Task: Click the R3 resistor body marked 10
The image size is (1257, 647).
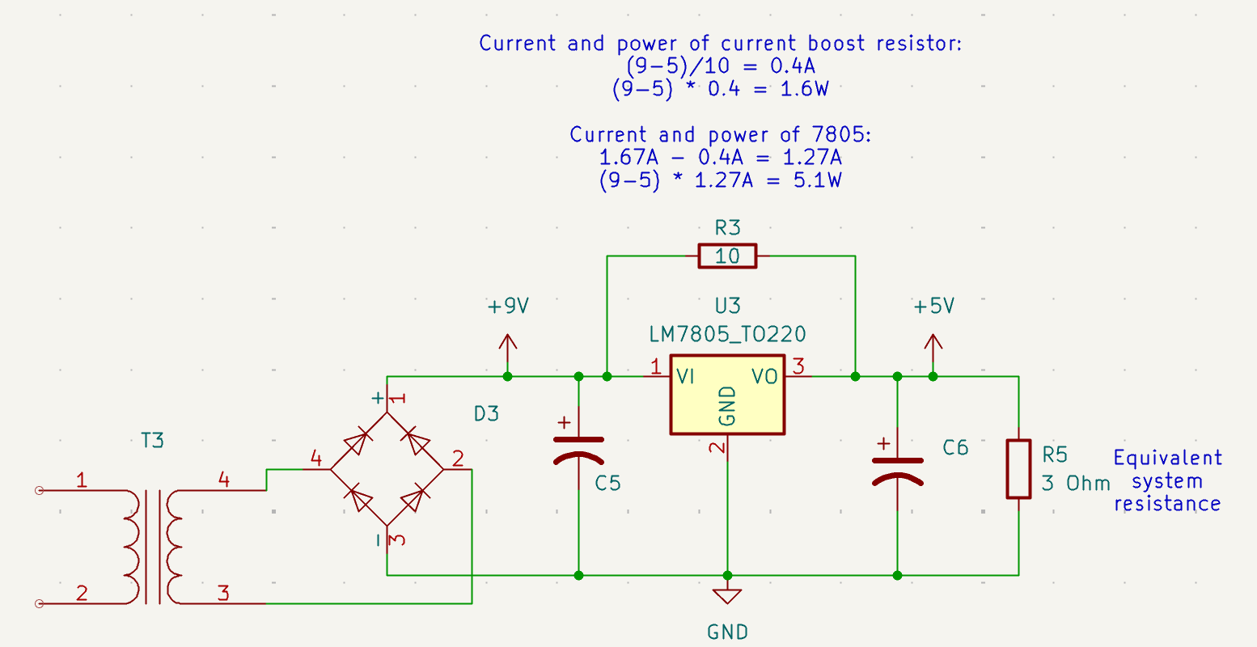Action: pyautogui.click(x=727, y=256)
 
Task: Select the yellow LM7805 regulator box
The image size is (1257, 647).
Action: pyautogui.click(x=727, y=395)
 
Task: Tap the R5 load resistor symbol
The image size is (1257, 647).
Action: pyautogui.click(x=1018, y=469)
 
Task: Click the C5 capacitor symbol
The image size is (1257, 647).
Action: pyautogui.click(x=578, y=450)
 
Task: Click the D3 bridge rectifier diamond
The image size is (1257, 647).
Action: pyautogui.click(x=387, y=468)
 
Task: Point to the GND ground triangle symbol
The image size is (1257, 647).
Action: pyautogui.click(x=727, y=596)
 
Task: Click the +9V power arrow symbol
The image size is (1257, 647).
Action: pyautogui.click(x=507, y=349)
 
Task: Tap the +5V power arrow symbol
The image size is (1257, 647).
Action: pyautogui.click(x=933, y=349)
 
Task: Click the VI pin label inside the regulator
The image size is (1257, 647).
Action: pyautogui.click(x=686, y=376)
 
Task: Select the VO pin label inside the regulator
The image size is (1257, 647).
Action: pyautogui.click(x=764, y=376)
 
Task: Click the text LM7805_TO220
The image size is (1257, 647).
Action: pyautogui.click(x=727, y=334)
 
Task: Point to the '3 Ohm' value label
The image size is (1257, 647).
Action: pyautogui.click(x=1076, y=484)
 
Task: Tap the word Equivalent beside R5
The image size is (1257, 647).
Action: pyautogui.click(x=1167, y=459)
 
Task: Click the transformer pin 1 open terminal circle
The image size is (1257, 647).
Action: pyautogui.click(x=38, y=490)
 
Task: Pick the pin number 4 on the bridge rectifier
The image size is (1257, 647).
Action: pyautogui.click(x=315, y=459)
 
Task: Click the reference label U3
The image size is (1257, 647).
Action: pyautogui.click(x=727, y=306)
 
